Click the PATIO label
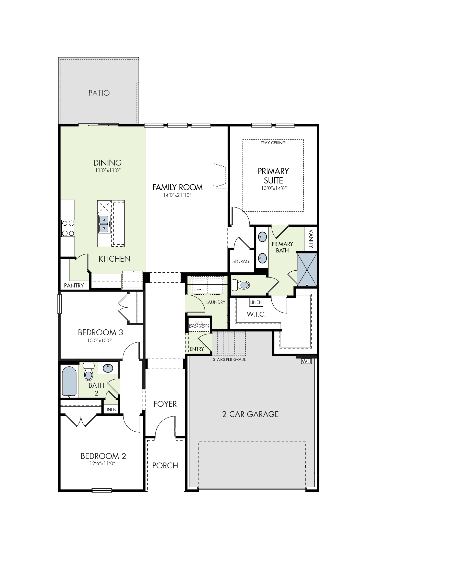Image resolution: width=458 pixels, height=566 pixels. pos(99,93)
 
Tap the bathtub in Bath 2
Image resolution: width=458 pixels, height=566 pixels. pos(69,381)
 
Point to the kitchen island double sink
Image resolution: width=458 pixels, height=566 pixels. pos(104,224)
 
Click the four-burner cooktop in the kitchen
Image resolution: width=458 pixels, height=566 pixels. pos(68,228)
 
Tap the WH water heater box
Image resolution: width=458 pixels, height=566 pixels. pos(306,361)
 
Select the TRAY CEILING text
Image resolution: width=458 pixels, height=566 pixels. pos(273,143)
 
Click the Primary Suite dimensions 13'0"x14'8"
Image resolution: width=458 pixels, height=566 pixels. pos(274,188)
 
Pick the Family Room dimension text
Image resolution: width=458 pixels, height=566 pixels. pos(177,195)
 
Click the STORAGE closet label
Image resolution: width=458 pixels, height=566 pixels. pos(242,261)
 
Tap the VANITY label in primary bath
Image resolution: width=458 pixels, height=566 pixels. pos(311,239)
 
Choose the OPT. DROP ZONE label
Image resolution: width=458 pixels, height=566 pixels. pos(199,324)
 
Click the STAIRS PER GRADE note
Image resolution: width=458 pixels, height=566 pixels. pos(230,359)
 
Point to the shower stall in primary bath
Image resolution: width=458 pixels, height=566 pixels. pos(307,270)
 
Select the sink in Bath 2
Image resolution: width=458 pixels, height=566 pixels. pos(108,368)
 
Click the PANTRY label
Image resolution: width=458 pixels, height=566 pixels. pos(74,285)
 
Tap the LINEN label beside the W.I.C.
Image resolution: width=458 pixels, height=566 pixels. pos(256,302)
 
